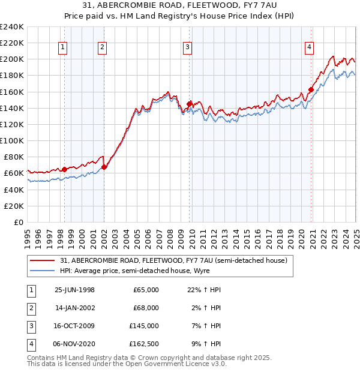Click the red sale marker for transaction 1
[x=65, y=169]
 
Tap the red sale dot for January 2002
[x=104, y=167]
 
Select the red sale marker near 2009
[x=189, y=104]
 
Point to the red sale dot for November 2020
[x=311, y=90]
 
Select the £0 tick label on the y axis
[x=19, y=222]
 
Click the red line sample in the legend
[x=43, y=260]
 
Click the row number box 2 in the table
[x=29, y=308]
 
